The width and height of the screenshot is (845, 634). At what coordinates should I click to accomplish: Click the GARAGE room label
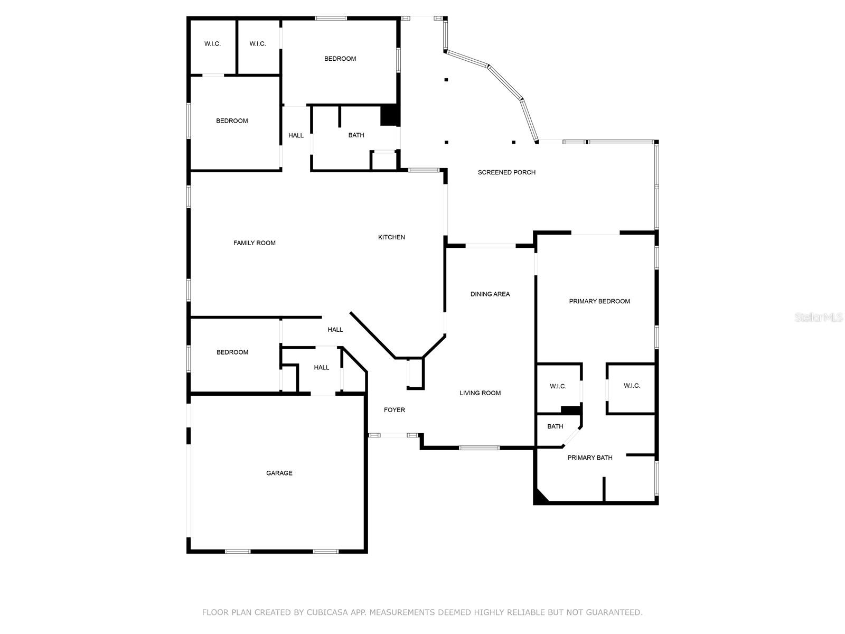279,473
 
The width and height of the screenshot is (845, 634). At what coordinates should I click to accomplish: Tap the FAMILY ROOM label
255,243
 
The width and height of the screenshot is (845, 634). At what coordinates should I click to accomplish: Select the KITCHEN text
391,237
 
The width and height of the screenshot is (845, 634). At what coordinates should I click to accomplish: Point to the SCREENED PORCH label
506,172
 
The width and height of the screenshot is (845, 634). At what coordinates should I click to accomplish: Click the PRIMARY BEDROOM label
599,301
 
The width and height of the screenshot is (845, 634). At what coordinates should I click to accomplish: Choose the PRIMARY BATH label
589,458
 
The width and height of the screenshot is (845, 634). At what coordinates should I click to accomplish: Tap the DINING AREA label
490,294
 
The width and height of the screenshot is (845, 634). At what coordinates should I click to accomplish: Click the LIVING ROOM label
480,393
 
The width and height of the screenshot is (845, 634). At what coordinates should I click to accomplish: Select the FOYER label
394,410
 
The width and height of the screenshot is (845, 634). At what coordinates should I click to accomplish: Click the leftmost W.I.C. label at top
212,44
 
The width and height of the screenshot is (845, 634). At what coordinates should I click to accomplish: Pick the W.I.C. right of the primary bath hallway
632,386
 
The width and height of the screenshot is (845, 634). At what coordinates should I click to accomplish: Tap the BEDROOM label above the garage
232,352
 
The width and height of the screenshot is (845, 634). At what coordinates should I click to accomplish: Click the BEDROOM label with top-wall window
340,59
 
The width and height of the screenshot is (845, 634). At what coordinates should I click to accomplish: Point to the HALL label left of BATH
296,135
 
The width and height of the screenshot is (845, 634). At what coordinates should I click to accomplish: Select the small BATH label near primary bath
555,426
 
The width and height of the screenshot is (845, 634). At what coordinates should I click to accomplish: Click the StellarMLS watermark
819,318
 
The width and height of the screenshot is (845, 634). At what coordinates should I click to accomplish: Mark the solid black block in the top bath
389,115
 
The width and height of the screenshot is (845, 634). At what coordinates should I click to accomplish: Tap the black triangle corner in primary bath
539,497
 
